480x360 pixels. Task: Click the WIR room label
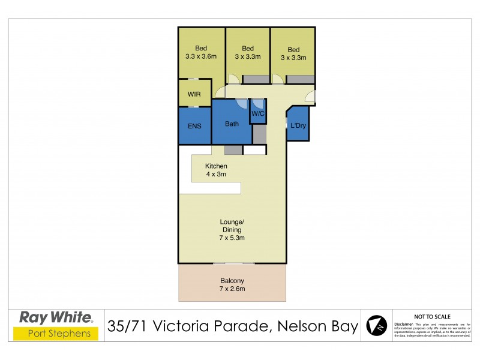point(194,94)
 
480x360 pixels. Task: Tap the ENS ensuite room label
point(194,126)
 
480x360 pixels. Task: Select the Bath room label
point(232,124)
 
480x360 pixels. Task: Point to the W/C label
point(258,113)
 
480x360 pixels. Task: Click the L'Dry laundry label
point(298,125)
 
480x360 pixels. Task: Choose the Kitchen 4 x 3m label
point(215,170)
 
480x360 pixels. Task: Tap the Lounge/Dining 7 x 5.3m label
point(232,230)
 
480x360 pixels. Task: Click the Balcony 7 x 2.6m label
point(232,284)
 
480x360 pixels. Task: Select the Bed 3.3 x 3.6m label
point(200,53)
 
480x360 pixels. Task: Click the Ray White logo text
point(56,317)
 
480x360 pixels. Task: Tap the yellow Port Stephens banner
point(56,334)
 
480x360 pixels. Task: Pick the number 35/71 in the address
point(128,326)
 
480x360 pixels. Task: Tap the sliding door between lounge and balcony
point(234,263)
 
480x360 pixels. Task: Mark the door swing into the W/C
point(257,103)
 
